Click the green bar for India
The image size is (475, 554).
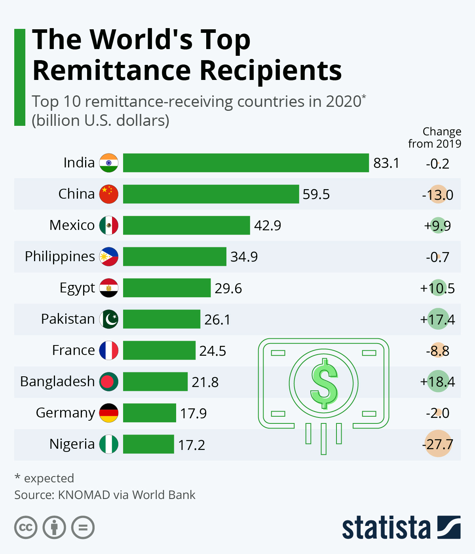(x=245, y=163)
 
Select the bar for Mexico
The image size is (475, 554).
(x=186, y=225)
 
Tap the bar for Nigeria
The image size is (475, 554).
(x=148, y=444)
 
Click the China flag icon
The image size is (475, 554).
(x=109, y=194)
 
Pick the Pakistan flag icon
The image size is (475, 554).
(x=109, y=319)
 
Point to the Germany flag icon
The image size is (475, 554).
(x=109, y=413)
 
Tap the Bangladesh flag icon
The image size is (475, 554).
(x=109, y=381)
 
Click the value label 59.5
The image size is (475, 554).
(x=316, y=194)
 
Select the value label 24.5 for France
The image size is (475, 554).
(x=213, y=351)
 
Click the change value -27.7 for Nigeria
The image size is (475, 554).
(x=438, y=444)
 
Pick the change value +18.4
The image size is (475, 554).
(x=437, y=381)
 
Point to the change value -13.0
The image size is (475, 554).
(x=438, y=195)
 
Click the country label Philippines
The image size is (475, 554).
(x=60, y=256)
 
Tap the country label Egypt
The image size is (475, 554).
(x=77, y=288)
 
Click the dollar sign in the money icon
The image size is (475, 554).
(x=324, y=383)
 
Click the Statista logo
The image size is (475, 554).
(x=401, y=527)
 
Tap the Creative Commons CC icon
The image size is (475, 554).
(x=26, y=527)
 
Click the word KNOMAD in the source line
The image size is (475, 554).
(x=84, y=495)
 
